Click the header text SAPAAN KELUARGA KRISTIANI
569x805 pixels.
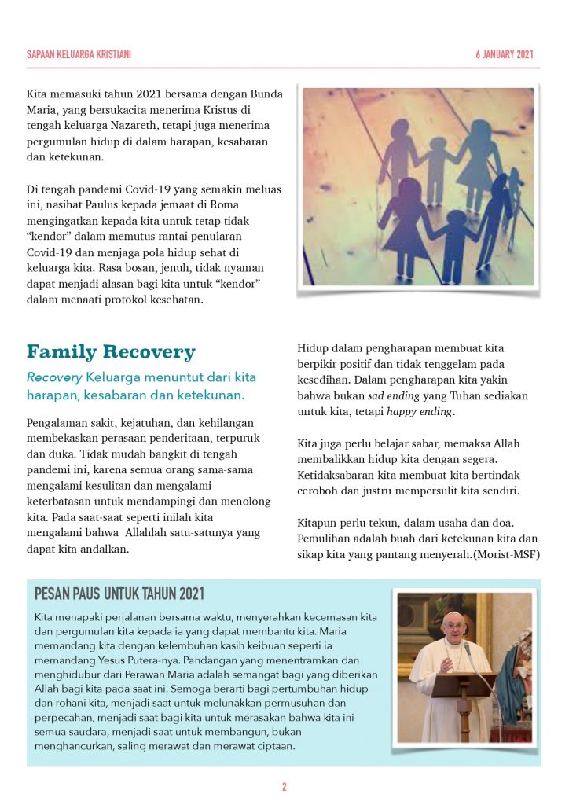[79, 54]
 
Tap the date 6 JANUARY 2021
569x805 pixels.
[505, 54]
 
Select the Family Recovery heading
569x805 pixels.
[111, 351]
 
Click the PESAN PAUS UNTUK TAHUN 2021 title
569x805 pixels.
[119, 594]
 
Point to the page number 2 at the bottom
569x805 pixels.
[284, 787]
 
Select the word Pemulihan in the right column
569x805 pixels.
[323, 539]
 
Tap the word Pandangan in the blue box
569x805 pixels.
[226, 660]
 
